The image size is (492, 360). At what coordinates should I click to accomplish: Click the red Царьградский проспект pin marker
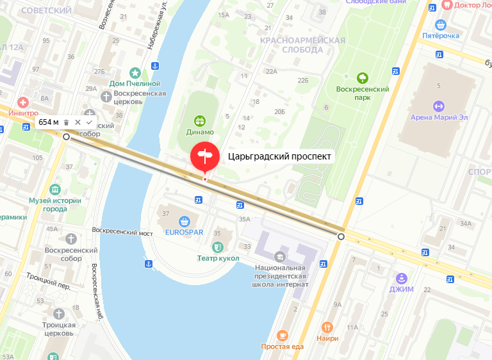204,156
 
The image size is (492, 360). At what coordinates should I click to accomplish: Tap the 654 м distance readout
49,122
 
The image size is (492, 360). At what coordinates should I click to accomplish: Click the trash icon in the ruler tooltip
66,122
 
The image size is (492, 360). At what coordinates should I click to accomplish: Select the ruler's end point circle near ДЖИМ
341,237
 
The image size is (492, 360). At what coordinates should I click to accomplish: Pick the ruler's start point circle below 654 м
67,136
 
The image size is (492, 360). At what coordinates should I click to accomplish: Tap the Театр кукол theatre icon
218,247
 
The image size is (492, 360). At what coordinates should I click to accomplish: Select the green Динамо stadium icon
201,120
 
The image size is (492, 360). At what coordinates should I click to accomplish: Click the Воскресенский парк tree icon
363,78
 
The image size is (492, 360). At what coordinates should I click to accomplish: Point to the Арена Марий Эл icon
439,106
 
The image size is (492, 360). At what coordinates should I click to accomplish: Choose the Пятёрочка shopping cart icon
440,25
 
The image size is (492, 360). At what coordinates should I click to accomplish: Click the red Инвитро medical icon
23,102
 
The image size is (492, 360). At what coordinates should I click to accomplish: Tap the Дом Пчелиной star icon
135,73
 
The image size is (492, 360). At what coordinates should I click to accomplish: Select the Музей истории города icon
55,190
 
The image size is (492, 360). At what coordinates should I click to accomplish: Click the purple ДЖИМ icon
402,278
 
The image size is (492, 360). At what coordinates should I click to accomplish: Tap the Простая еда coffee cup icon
282,336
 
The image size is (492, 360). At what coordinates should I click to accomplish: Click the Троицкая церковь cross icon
60,313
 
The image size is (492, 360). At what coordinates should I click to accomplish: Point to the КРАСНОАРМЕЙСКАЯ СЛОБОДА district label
302,45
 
